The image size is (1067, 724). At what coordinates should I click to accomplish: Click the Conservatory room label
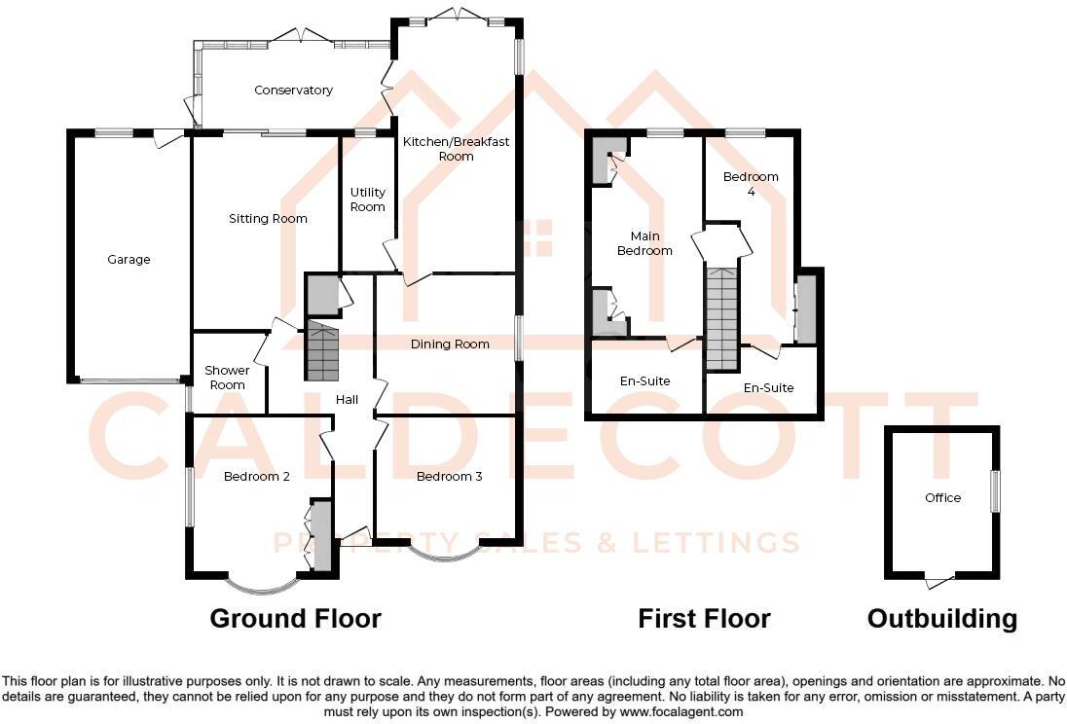[x=293, y=90]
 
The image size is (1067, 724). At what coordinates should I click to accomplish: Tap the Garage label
[x=129, y=260]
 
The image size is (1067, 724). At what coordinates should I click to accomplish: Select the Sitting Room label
[x=268, y=219]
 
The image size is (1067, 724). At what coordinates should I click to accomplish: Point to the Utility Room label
[x=368, y=199]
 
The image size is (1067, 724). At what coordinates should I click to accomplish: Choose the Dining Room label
[x=449, y=344]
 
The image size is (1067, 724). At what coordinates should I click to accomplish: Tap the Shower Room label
[x=227, y=378]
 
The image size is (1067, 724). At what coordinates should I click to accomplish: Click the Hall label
[x=347, y=400]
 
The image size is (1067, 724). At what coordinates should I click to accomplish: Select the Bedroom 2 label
[x=257, y=477]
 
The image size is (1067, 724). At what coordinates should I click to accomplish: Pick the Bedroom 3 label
[x=449, y=477]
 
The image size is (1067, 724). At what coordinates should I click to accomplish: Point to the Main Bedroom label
[x=644, y=243]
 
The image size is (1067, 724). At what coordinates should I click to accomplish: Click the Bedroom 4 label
[x=751, y=184]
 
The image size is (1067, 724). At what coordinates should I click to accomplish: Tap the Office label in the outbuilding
[x=942, y=498]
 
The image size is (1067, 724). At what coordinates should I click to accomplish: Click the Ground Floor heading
[x=295, y=618]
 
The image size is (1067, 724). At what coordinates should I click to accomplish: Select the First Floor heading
[x=704, y=618]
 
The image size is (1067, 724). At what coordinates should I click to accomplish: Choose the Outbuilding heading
[x=941, y=618]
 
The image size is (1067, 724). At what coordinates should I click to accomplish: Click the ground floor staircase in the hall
[x=321, y=350]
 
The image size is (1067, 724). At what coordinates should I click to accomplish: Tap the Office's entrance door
[x=939, y=582]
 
